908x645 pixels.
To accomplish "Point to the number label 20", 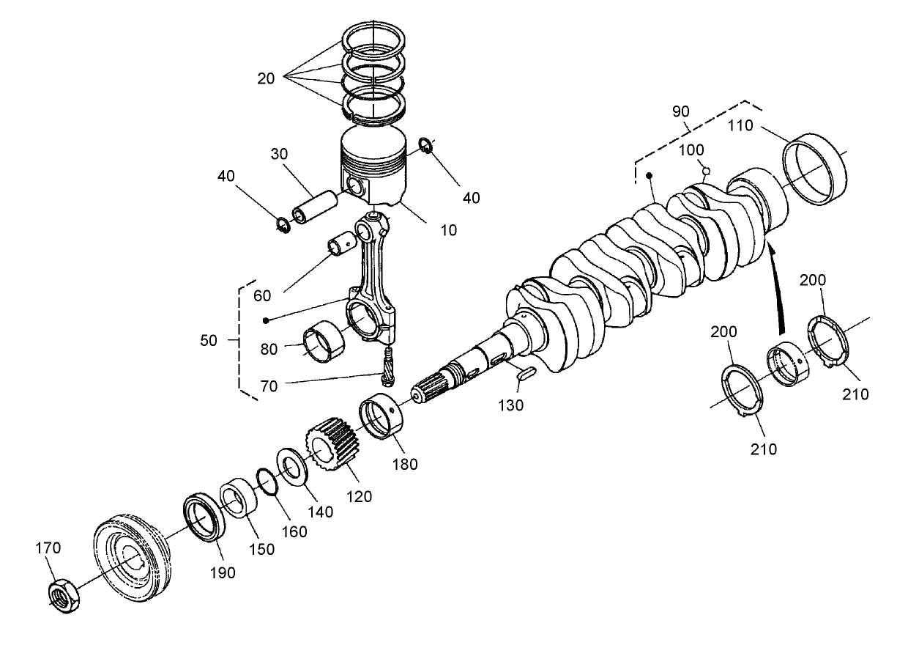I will click(267, 78).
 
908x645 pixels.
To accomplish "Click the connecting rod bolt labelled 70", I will click(387, 364).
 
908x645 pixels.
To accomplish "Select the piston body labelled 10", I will click(373, 169).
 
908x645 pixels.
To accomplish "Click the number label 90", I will click(680, 112).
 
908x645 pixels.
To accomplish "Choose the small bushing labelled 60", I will click(342, 243).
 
